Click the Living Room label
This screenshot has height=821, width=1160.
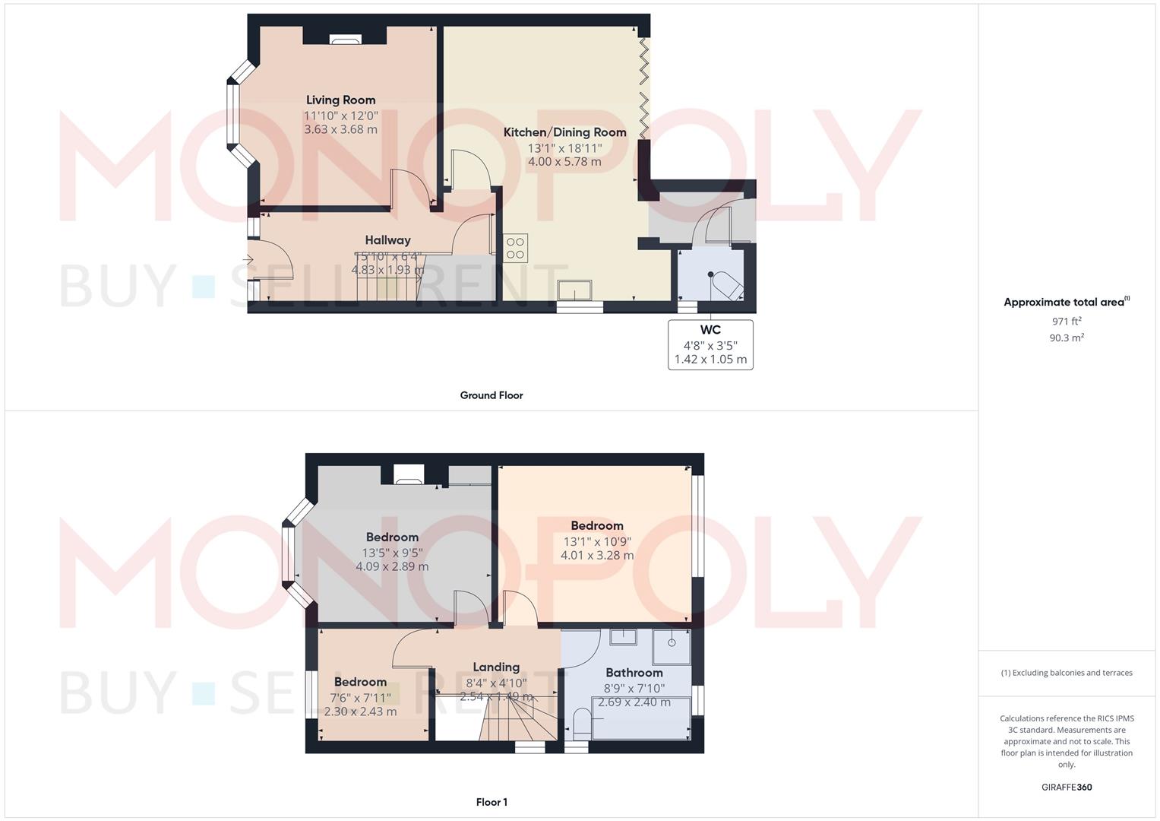coord(340,100)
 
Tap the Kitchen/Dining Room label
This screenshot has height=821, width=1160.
coord(564,132)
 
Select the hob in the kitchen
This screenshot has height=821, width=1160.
coord(515,249)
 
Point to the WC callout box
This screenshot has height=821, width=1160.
coord(710,345)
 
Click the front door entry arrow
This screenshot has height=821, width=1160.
coord(248,260)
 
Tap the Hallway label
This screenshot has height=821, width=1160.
coord(387,240)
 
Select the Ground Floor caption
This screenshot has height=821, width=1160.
coord(491,395)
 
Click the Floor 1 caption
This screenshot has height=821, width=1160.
coord(491,802)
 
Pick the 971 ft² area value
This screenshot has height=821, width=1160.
coord(1066,322)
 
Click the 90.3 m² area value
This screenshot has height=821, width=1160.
coord(1066,338)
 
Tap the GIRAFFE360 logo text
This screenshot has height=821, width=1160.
coord(1066,788)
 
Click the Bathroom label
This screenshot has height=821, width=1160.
coord(634,673)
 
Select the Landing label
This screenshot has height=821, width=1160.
coord(496,667)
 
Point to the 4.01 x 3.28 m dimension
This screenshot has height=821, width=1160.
coord(597,556)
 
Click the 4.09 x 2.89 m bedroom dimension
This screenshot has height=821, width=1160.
coord(392,566)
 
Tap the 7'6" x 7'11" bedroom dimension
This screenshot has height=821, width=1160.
coord(360,697)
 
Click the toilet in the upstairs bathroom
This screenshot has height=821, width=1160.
coord(581,723)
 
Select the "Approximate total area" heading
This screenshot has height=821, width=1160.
coord(1066,303)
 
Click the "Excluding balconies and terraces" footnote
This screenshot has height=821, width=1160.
coord(1066,673)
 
